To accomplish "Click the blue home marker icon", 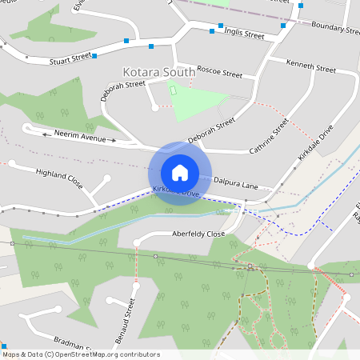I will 180,172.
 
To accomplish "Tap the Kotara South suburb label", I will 158,72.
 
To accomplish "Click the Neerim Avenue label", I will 80,138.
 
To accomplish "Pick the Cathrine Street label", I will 267,135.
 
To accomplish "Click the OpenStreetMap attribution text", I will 81,354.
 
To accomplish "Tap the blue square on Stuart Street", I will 94,56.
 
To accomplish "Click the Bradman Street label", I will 63,343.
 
